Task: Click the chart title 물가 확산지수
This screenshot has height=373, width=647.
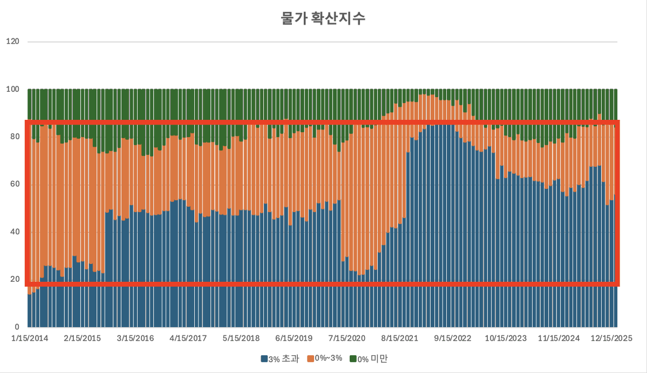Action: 323,19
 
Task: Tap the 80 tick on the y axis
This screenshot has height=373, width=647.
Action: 13,137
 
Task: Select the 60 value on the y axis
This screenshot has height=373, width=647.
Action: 13,184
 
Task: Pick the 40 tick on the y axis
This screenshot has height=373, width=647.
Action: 13,232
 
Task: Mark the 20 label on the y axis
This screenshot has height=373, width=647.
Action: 13,280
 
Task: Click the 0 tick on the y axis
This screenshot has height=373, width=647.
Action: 16,327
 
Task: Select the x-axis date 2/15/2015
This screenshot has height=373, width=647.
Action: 82,338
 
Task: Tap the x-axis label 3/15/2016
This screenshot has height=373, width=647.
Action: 135,338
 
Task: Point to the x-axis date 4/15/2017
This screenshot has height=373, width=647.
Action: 188,338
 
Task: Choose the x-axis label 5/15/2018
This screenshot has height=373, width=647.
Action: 241,338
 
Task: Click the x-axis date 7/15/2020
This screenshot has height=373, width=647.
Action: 346,338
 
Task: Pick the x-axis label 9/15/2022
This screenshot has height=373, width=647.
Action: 452,338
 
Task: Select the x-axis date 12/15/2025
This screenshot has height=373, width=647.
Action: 611,338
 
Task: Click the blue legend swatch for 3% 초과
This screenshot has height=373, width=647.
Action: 264,359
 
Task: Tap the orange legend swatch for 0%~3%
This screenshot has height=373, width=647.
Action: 310,359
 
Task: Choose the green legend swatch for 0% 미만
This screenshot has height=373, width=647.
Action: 353,359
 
